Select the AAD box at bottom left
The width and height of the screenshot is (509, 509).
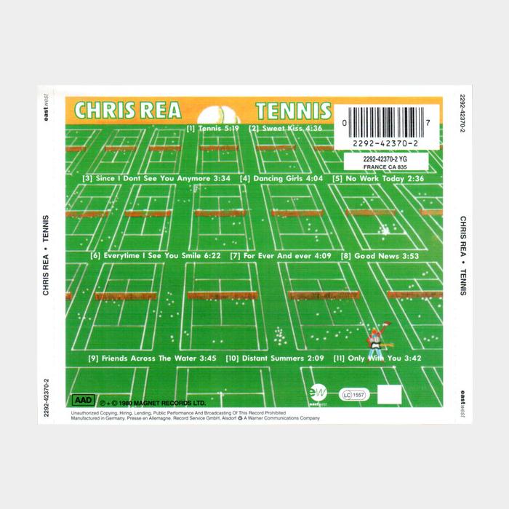click(83, 399)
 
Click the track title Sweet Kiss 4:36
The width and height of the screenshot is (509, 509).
click(286, 129)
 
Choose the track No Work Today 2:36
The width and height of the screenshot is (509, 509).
click(378, 178)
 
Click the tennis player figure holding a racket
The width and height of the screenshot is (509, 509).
click(376, 338)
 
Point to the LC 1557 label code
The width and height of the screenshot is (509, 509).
click(356, 394)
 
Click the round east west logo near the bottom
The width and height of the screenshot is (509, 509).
click(320, 393)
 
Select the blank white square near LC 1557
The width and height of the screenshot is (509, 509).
click(390, 393)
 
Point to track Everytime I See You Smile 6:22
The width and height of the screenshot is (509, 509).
click(156, 256)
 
